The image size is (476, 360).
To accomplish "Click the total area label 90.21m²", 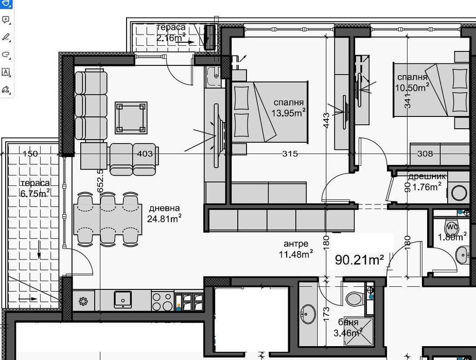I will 360,260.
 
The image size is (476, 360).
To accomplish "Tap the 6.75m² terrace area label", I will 35,193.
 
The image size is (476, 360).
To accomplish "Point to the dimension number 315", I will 290,153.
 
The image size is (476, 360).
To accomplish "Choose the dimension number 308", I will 425,153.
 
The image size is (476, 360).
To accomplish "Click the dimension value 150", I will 30,153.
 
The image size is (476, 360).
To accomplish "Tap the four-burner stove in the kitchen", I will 163,301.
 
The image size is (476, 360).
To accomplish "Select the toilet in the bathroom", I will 355,298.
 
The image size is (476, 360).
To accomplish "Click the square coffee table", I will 131,117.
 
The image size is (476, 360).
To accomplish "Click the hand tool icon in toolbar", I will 6,4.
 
